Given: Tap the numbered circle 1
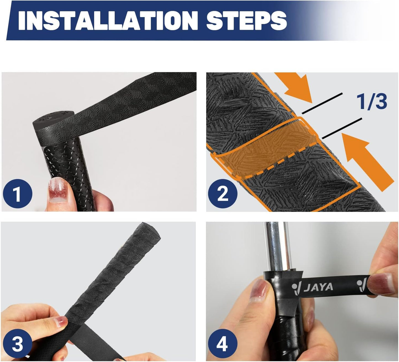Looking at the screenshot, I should [x=17, y=194].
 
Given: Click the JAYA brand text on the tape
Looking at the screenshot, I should [x=318, y=287].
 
